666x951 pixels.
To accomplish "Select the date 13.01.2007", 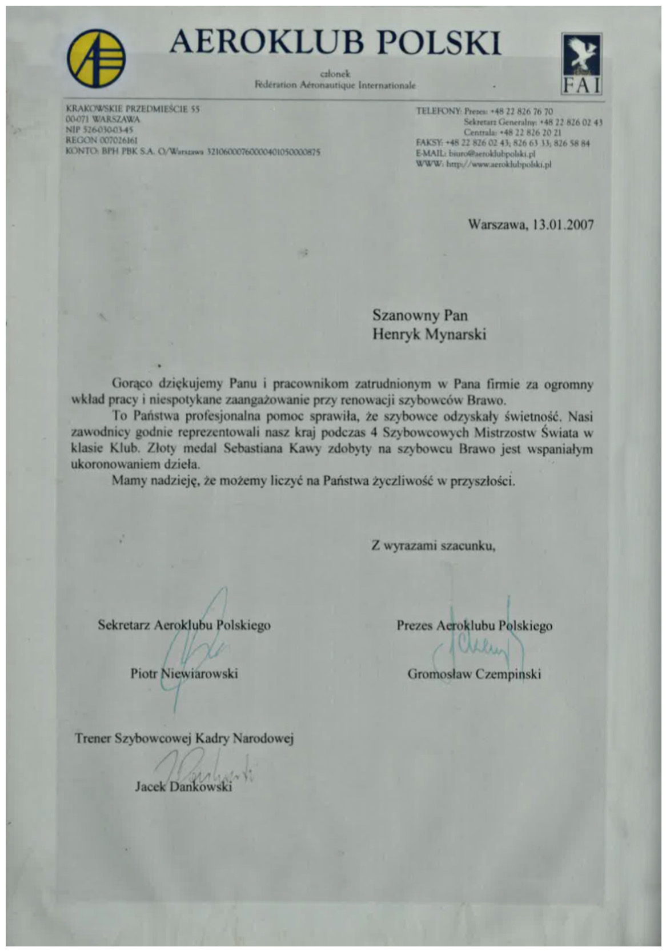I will point(563,224).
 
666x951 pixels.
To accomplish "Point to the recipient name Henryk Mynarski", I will point(429,334).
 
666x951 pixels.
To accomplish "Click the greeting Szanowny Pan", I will point(420,315).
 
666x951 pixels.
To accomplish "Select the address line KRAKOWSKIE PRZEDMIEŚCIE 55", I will point(133,109).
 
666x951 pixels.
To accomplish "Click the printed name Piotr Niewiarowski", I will point(184,673).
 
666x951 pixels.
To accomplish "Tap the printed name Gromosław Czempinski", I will point(474,674).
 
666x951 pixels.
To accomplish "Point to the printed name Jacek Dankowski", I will point(183,787).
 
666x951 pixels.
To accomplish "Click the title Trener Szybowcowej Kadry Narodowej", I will point(184,739).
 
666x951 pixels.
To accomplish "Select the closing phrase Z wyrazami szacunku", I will point(433,545).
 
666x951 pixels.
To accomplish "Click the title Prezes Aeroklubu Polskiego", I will point(474,625).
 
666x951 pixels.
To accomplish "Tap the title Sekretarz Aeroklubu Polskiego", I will point(184,625).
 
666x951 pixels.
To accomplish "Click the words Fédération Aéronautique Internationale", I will point(335,85).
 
